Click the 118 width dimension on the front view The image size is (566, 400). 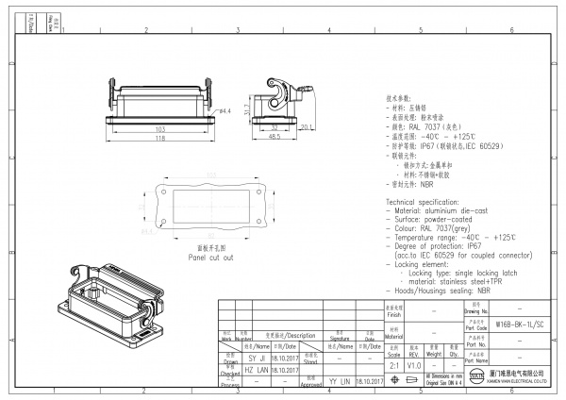[160, 138]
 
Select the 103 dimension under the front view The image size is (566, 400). [160, 128]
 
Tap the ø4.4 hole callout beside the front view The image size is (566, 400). [225, 111]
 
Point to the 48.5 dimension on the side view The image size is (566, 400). [272, 138]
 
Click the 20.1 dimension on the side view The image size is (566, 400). [306, 125]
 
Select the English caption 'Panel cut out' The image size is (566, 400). [209, 257]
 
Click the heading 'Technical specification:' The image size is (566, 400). [428, 203]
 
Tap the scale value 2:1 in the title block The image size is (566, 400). [391, 363]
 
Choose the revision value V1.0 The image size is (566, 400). [414, 363]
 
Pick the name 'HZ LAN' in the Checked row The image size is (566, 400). [257, 370]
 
